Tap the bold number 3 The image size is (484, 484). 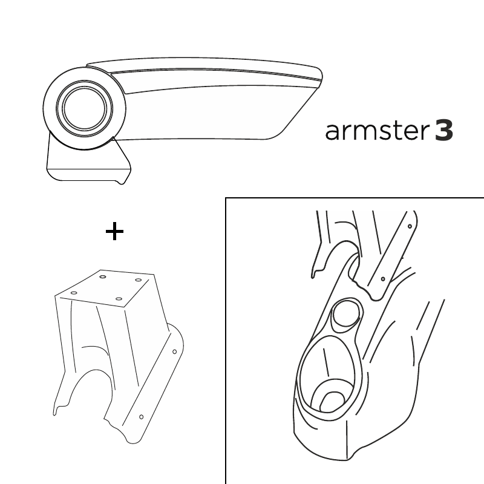pyautogui.click(x=444, y=131)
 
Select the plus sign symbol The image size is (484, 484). pyautogui.click(x=114, y=231)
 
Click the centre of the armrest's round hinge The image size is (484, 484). pyautogui.click(x=84, y=108)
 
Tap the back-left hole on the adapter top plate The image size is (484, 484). pyautogui.click(x=103, y=276)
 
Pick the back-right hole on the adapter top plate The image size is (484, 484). pyautogui.click(x=139, y=280)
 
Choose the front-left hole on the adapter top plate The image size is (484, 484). pyautogui.click(x=74, y=293)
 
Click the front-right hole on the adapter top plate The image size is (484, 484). pyautogui.click(x=119, y=299)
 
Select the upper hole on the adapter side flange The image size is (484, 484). pyautogui.click(x=174, y=352)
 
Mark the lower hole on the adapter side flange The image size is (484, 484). pyautogui.click(x=142, y=417)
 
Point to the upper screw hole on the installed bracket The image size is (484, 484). pyautogui.click(x=410, y=226)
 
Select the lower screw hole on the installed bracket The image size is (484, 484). pyautogui.click(x=383, y=279)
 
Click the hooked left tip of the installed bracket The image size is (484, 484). pyautogui.click(x=313, y=275)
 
